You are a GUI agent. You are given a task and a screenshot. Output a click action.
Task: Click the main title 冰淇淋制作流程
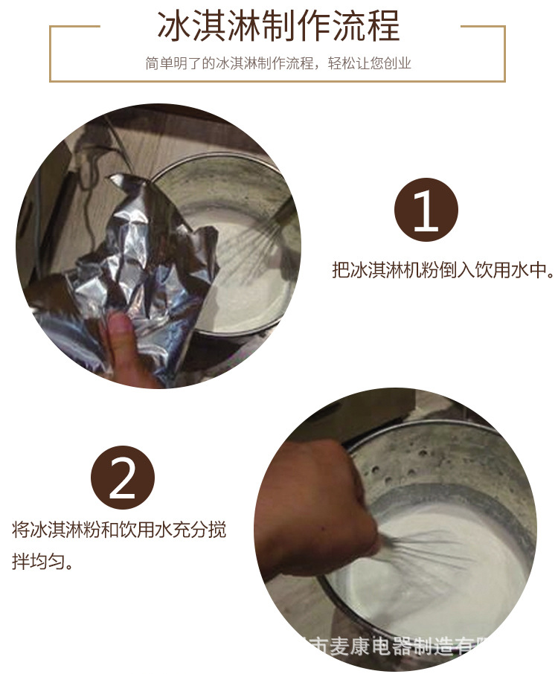pyautogui.click(x=278, y=26)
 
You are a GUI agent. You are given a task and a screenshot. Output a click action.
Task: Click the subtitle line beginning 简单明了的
pyautogui.click(x=278, y=64)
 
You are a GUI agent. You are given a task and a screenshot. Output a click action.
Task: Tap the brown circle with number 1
pyautogui.click(x=426, y=211)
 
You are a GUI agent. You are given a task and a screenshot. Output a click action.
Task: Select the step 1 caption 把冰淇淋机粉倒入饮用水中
pyautogui.click(x=443, y=269)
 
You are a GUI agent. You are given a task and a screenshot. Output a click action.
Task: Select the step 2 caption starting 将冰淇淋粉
pyautogui.click(x=119, y=530)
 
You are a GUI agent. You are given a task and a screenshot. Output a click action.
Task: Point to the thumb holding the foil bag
pyautogui.click(x=119, y=335)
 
